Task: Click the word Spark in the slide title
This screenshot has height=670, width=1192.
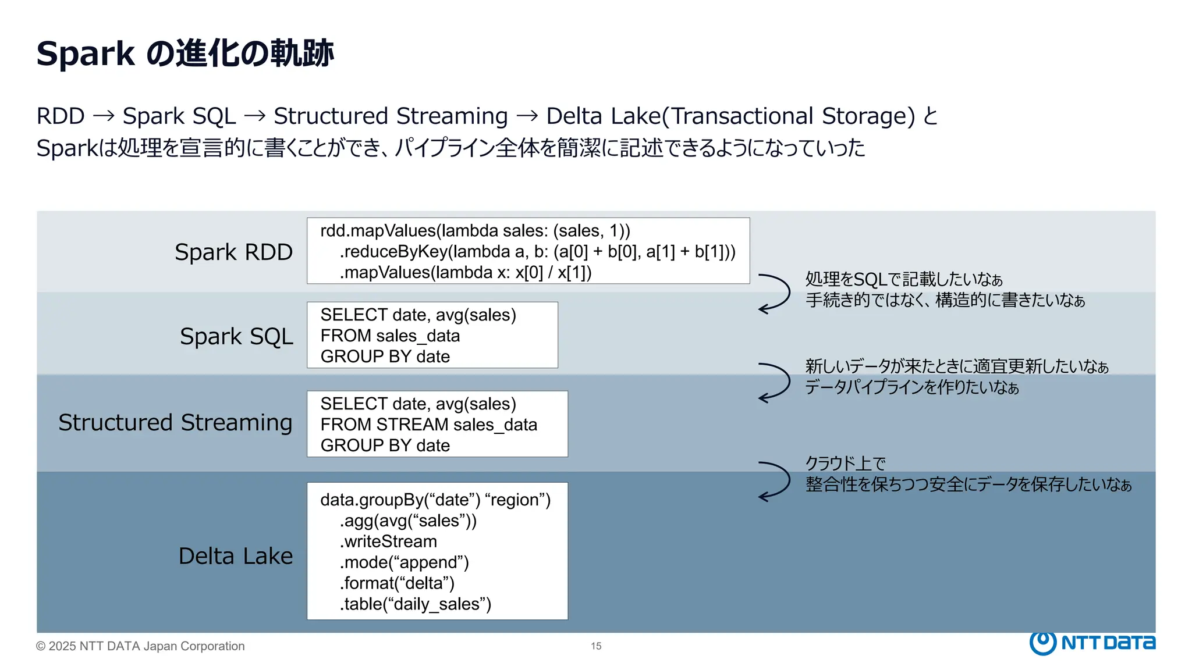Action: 86,54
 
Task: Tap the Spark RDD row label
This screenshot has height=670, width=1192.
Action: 233,252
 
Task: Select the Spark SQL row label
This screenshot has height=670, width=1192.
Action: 236,337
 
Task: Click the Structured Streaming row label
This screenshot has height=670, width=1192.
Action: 175,423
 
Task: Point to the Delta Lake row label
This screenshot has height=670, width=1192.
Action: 235,557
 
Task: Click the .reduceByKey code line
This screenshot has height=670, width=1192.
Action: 537,252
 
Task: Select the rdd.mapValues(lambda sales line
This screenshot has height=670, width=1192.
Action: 475,231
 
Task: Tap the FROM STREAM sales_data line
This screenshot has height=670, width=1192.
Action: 428,425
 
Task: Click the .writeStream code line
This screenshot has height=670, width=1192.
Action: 388,542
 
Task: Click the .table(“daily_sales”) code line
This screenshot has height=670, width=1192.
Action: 415,604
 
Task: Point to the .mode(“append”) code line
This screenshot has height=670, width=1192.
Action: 404,562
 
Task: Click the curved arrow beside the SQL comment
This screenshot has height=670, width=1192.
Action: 775,293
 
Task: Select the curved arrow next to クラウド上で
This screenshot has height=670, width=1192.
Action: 775,480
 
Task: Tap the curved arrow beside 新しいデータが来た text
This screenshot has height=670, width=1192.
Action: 775,382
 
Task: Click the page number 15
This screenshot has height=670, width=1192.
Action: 596,646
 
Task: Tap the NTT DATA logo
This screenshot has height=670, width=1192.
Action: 1092,643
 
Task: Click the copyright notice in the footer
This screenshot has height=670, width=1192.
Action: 140,646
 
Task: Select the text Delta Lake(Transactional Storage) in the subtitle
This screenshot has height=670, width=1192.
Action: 730,116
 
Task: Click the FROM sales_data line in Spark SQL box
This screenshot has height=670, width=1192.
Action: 390,336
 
